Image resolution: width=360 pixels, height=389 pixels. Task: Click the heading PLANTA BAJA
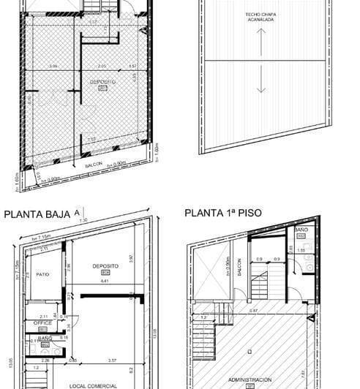coord(37,214)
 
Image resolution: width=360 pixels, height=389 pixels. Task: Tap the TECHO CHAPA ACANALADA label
coord(261,18)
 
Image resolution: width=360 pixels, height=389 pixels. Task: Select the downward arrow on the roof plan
coord(261,84)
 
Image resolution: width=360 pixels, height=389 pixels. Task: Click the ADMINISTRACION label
coord(250,379)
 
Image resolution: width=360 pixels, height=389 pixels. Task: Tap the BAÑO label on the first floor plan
coord(300,230)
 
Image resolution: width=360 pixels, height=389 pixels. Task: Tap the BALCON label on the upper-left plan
coord(93,165)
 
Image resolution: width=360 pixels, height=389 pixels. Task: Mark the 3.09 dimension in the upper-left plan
coord(53,67)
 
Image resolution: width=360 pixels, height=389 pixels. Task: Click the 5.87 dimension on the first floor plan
coord(252,311)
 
